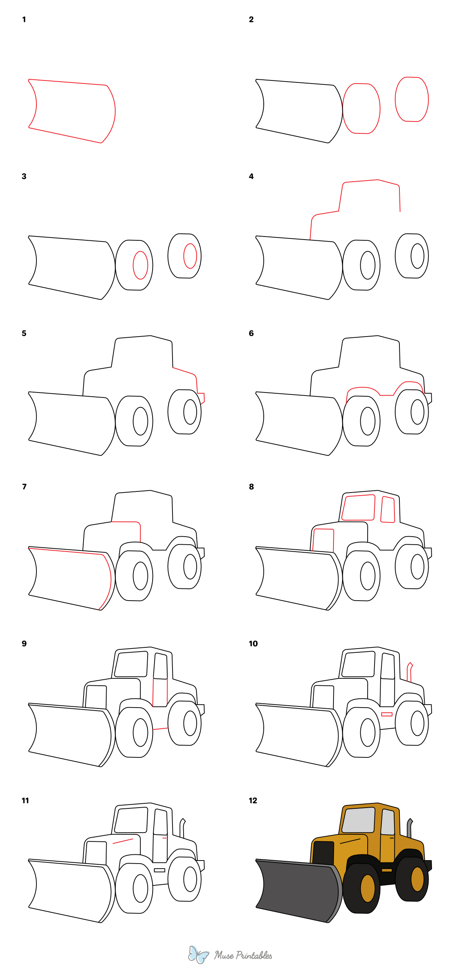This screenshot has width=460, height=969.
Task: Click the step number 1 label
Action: coord(24,20)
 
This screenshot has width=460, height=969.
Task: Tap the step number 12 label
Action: coord(253,800)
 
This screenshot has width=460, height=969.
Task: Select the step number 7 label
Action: coord(25,486)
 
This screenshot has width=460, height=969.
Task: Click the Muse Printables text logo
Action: coord(243,955)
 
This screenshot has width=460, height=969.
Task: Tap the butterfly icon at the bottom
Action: coord(198,954)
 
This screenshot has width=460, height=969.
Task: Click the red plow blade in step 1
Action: coord(72,111)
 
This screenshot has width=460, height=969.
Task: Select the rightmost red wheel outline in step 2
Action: coord(412,99)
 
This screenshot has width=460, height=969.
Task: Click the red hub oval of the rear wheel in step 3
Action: coord(190,256)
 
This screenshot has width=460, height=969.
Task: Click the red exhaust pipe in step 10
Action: coord(409,672)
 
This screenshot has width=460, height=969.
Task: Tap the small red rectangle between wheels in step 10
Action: coord(387,714)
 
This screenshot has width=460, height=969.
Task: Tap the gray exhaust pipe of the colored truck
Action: coord(409,829)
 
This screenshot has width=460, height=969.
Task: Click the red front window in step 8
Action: coord(358,507)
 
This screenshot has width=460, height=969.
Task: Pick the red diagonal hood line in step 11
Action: coord(123,841)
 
